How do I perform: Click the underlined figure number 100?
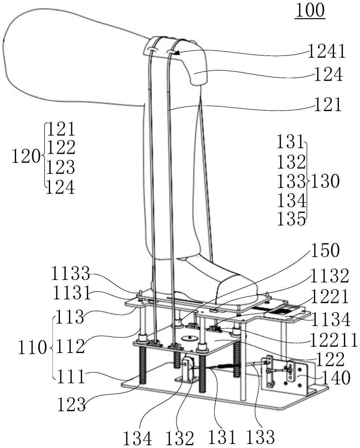tap(310, 10)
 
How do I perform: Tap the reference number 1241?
tap(326, 52)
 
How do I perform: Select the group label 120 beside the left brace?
tap(26, 156)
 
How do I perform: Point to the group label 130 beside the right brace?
tap(325, 181)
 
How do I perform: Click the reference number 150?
tap(325, 250)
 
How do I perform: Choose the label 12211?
tap(334, 340)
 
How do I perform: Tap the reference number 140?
tap(336, 378)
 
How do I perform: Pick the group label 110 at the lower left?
tap(32, 348)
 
